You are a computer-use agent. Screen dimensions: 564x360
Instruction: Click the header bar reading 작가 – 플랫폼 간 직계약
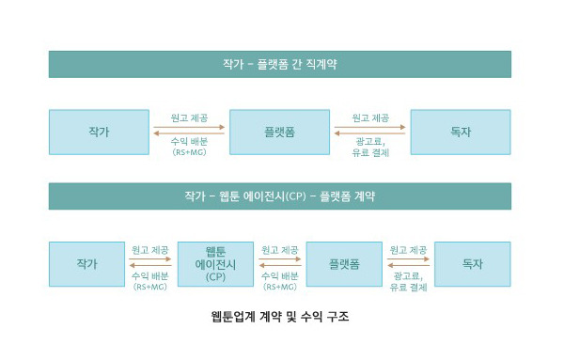(279, 64)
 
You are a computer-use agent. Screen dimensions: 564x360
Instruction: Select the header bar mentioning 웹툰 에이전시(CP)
(279, 196)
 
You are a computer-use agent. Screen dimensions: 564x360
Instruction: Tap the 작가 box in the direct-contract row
(99, 132)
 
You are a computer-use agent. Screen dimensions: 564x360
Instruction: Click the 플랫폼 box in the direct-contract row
(279, 132)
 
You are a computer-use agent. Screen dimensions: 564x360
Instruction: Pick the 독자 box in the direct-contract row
(461, 132)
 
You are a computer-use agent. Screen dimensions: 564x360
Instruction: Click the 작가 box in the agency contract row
(86, 264)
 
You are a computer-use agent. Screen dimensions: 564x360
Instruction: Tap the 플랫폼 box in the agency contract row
(343, 264)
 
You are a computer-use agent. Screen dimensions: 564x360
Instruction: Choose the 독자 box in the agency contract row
(472, 264)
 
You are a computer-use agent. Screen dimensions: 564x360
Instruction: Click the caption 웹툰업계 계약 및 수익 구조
(280, 317)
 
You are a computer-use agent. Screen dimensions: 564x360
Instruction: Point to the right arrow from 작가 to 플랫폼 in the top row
(189, 127)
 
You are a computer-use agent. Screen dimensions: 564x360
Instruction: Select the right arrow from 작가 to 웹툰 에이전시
(150, 259)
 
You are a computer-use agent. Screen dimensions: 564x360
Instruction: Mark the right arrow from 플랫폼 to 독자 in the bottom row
(408, 259)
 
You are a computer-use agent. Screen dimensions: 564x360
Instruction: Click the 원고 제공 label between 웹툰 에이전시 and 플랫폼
(280, 250)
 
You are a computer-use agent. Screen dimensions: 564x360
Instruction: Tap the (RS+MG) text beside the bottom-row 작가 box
(150, 286)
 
